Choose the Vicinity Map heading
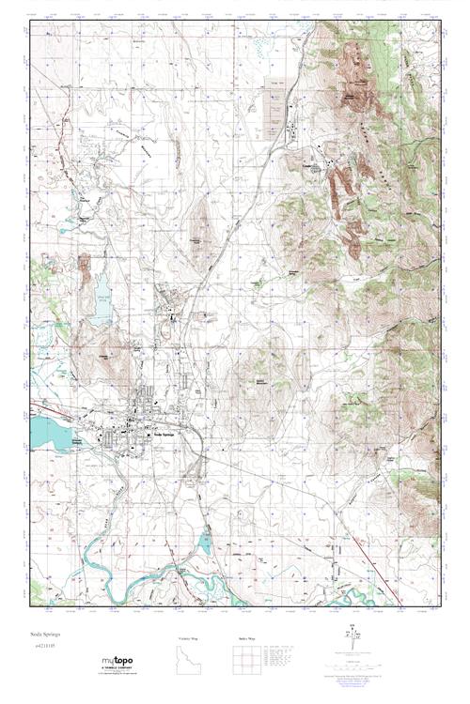[x=189, y=638]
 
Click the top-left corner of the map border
[x=31, y=21]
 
